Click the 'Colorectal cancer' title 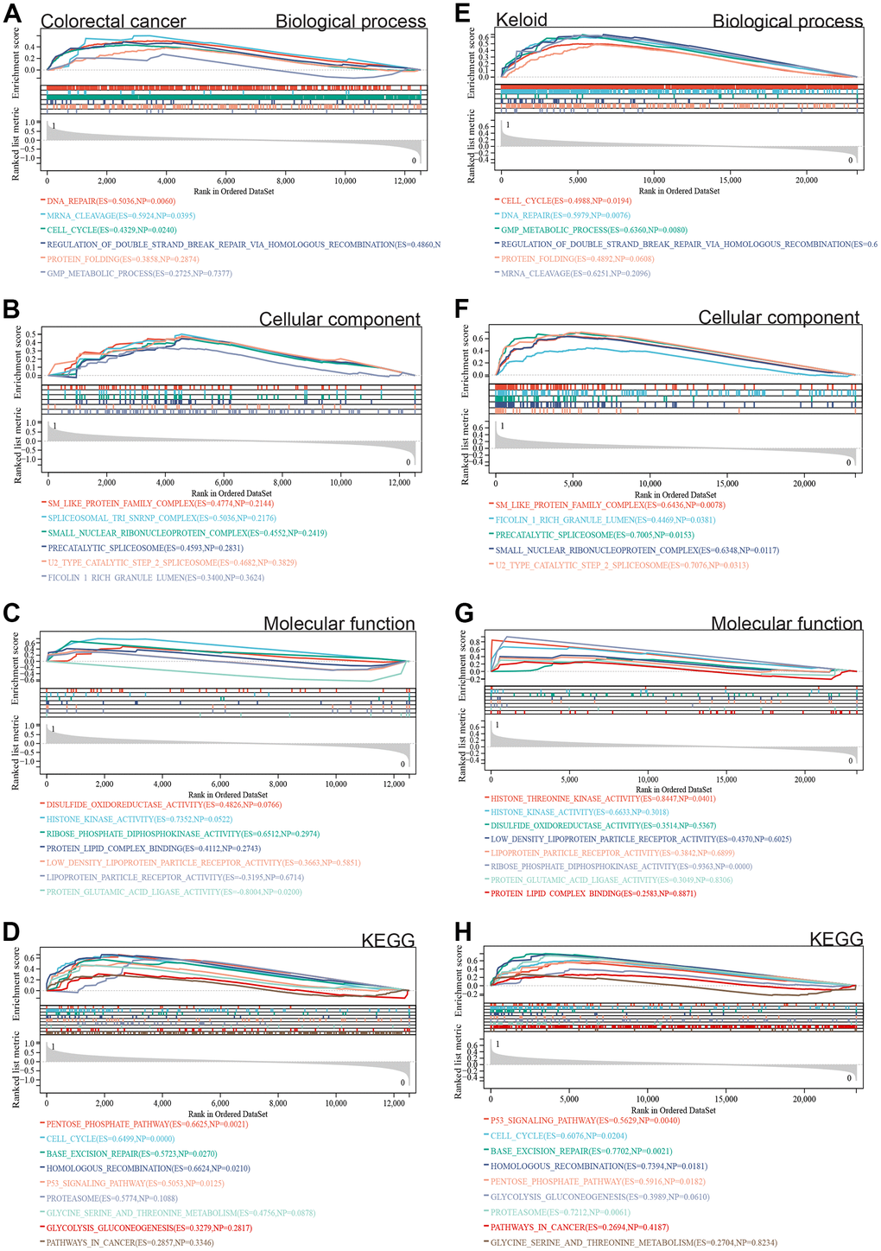pos(113,21)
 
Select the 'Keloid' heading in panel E pos(522,20)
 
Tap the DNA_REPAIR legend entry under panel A pos(111,201)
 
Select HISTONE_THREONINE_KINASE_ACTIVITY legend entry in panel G pos(603,799)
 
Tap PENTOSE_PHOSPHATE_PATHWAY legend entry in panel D pos(147,1124)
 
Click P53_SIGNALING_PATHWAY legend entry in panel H pos(585,1121)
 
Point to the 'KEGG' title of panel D pos(388,941)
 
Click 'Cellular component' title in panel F pos(778,318)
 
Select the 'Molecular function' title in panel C pos(339,624)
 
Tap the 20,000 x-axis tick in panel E pos(806,181)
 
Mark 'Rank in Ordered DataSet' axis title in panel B pos(232,493)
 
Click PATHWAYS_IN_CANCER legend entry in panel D pos(130,1242)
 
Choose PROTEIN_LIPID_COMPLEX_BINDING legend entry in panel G pos(593,893)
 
